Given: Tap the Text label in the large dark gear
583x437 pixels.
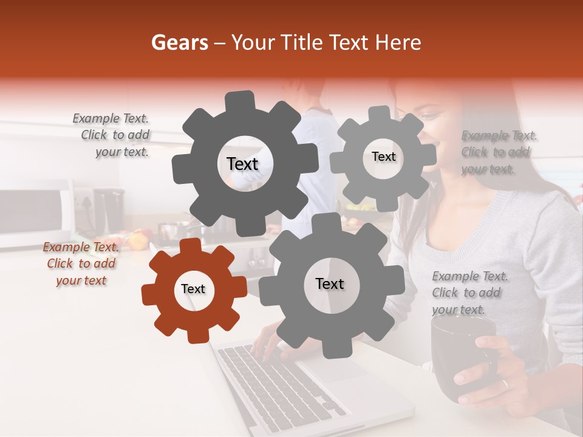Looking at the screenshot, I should coord(242,164).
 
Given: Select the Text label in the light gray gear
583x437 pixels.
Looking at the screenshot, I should coord(383,157).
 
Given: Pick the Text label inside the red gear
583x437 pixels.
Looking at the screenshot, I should coord(193,289).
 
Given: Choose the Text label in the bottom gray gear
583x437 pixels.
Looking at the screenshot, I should coord(329,283).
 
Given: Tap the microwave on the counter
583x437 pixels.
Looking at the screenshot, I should coord(33,215).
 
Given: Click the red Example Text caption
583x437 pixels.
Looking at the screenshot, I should coord(81,263).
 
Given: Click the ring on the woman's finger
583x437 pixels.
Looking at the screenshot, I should coord(504,384).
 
